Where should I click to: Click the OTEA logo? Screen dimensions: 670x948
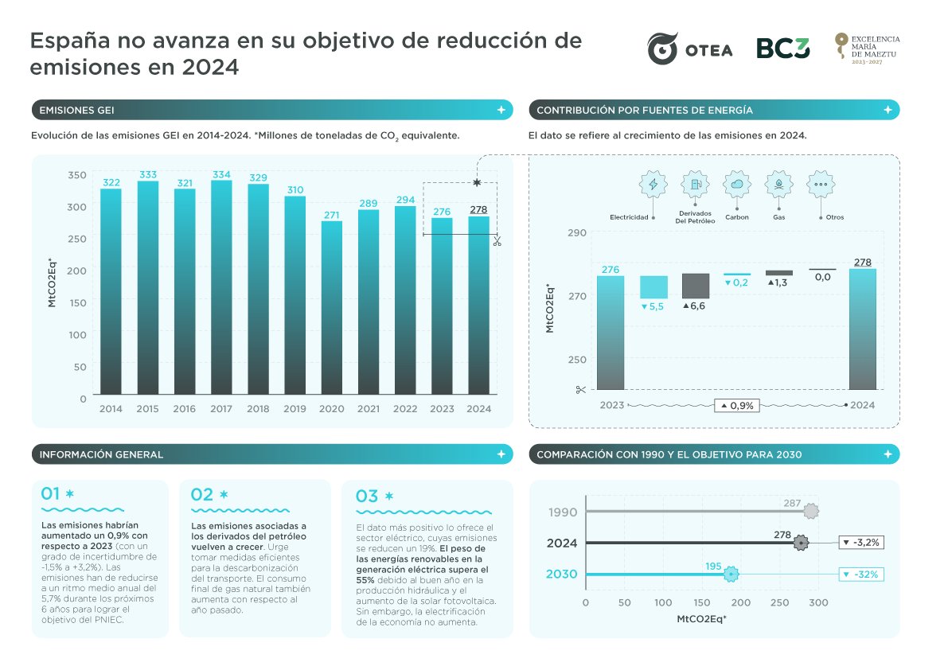(x=689, y=49)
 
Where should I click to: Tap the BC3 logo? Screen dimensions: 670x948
(x=782, y=49)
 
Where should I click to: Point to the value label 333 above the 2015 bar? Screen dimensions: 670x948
(x=147, y=174)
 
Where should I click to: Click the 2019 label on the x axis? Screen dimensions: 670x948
(x=295, y=409)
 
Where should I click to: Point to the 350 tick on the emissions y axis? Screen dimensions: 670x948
(x=76, y=174)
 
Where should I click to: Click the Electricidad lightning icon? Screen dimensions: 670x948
(x=653, y=185)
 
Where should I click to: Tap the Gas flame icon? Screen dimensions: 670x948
(x=778, y=185)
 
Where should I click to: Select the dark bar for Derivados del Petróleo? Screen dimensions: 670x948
(x=696, y=286)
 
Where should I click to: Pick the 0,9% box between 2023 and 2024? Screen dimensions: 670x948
(x=736, y=405)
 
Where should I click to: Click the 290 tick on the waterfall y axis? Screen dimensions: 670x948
(x=576, y=232)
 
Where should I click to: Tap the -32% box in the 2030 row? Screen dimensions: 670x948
(x=862, y=575)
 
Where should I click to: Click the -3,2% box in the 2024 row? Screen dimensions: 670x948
(x=861, y=543)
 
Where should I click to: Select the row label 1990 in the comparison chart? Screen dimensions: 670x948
(x=563, y=512)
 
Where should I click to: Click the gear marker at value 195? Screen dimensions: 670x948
(x=730, y=575)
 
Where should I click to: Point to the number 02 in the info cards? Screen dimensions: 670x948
(x=202, y=495)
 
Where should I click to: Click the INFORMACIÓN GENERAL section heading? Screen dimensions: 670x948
(x=101, y=454)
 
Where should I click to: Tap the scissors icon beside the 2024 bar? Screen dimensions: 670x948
(x=497, y=241)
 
